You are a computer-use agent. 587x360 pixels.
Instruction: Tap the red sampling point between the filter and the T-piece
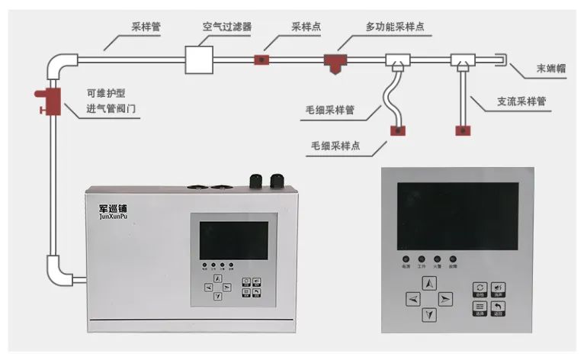[261, 58]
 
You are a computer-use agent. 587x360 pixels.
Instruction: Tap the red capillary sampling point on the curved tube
[398, 130]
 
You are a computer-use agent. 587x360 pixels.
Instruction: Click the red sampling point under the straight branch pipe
[463, 130]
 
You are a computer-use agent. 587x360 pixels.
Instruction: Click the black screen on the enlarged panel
[457, 216]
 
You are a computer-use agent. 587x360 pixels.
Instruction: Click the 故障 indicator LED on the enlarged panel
[453, 259]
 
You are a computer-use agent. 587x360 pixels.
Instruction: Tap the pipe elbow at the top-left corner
[61, 63]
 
